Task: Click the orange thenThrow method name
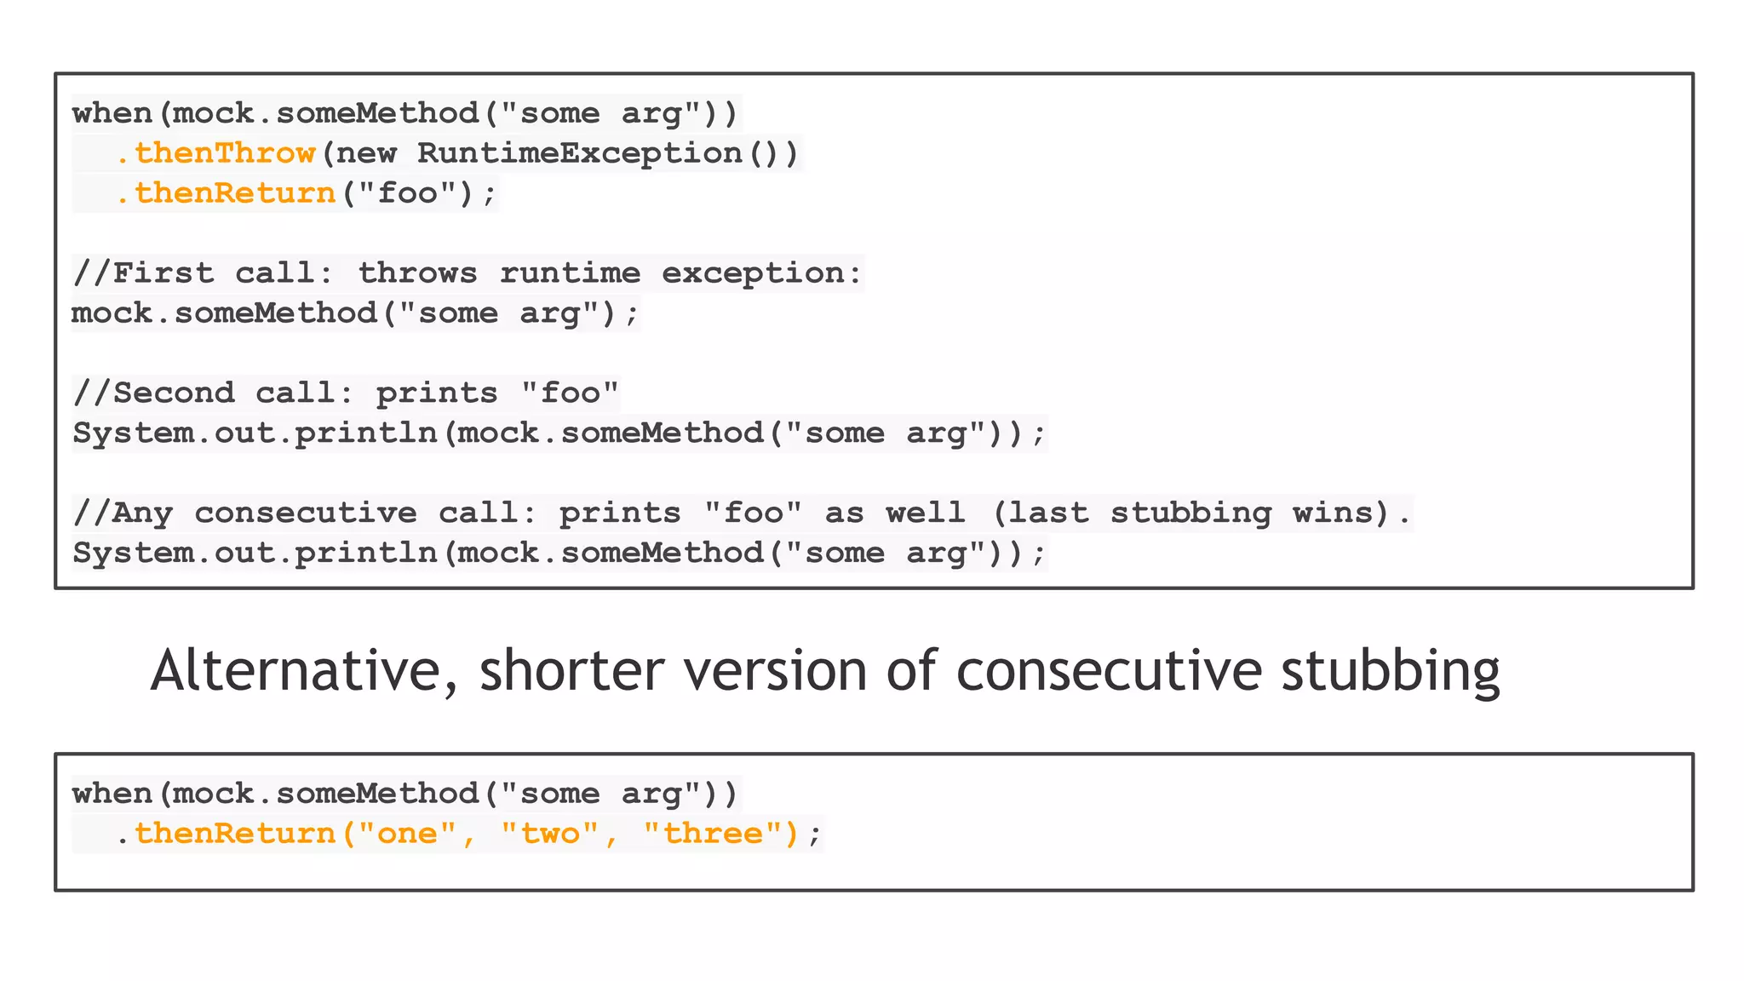225,153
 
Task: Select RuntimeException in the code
579,153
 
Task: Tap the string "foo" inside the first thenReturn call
407,193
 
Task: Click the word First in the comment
163,273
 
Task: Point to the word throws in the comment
417,273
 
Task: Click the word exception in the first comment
752,273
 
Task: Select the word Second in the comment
173,393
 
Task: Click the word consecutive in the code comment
306,513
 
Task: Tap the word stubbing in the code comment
1190,513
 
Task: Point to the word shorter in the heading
571,670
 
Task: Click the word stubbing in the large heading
1390,670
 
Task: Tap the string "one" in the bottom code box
407,834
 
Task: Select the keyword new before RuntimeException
366,153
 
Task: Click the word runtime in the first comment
569,273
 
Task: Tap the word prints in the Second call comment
437,393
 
